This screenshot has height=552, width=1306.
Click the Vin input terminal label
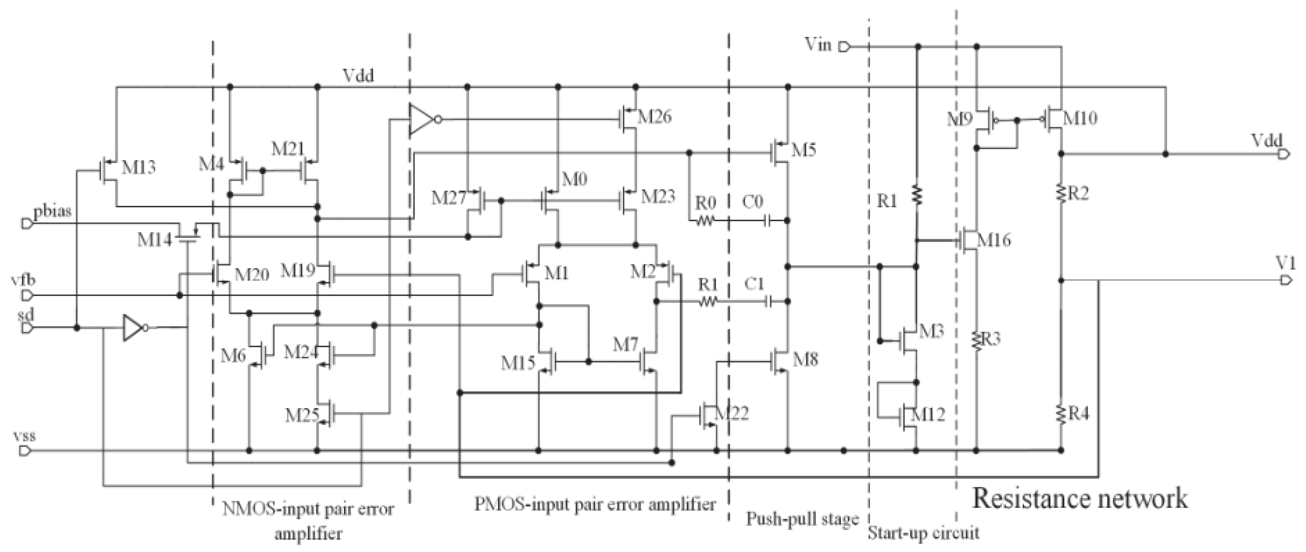pos(818,45)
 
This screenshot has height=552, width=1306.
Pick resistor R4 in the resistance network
pos(1061,414)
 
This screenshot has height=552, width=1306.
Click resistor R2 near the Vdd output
pos(1061,193)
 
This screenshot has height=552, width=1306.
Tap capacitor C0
pos(768,221)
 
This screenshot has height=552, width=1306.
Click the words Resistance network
pos(1079,498)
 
